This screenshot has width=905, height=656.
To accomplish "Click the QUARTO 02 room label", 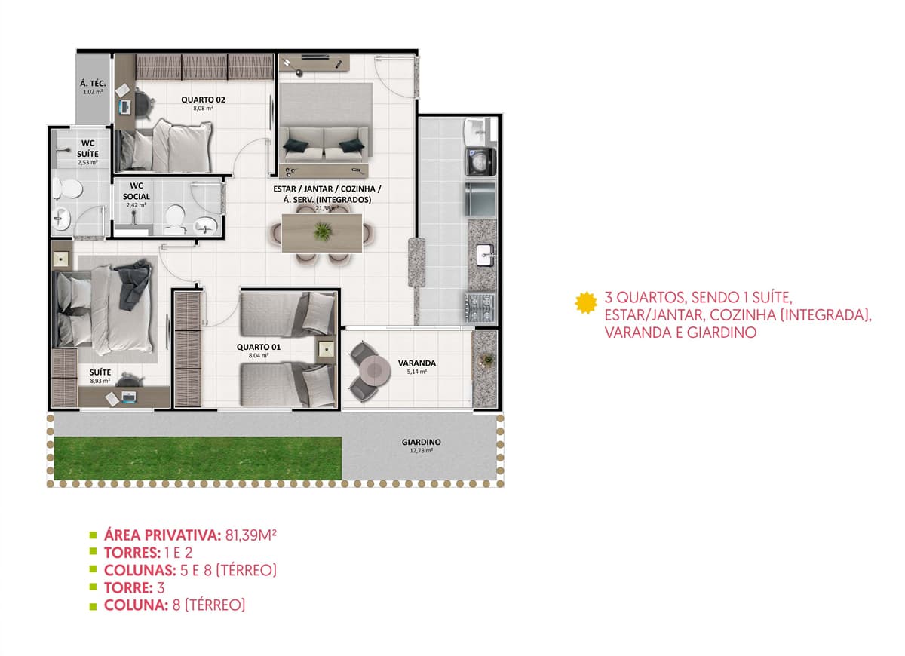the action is pyautogui.click(x=203, y=100).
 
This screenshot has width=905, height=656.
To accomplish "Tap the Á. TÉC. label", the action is pyautogui.click(x=93, y=84).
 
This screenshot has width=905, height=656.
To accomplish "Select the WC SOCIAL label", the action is pyautogui.click(x=137, y=191).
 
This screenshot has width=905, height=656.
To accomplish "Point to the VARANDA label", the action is pyautogui.click(x=416, y=363).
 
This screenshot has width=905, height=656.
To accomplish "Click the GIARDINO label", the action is pyautogui.click(x=421, y=443).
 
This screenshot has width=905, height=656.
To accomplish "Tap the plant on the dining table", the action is pyautogui.click(x=322, y=232).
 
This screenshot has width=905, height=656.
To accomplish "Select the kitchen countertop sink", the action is pyautogui.click(x=484, y=256).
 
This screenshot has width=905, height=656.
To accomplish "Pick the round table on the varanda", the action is pyautogui.click(x=375, y=370).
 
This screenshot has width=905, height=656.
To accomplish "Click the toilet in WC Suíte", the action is pyautogui.click(x=68, y=189).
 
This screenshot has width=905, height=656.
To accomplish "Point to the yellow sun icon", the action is pyautogui.click(x=586, y=302).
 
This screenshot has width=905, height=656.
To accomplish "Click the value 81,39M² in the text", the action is pyautogui.click(x=250, y=535).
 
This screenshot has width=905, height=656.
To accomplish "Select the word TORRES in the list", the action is pyautogui.click(x=132, y=553).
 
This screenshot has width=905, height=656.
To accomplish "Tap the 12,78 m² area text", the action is pyautogui.click(x=421, y=450).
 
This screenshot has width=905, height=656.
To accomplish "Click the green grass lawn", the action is pyautogui.click(x=198, y=458).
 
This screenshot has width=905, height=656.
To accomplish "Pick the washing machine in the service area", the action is pyautogui.click(x=480, y=162).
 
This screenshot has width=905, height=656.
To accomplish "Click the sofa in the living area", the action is pyautogui.click(x=325, y=144).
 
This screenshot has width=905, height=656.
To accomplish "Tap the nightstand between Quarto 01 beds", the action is pyautogui.click(x=326, y=349).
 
